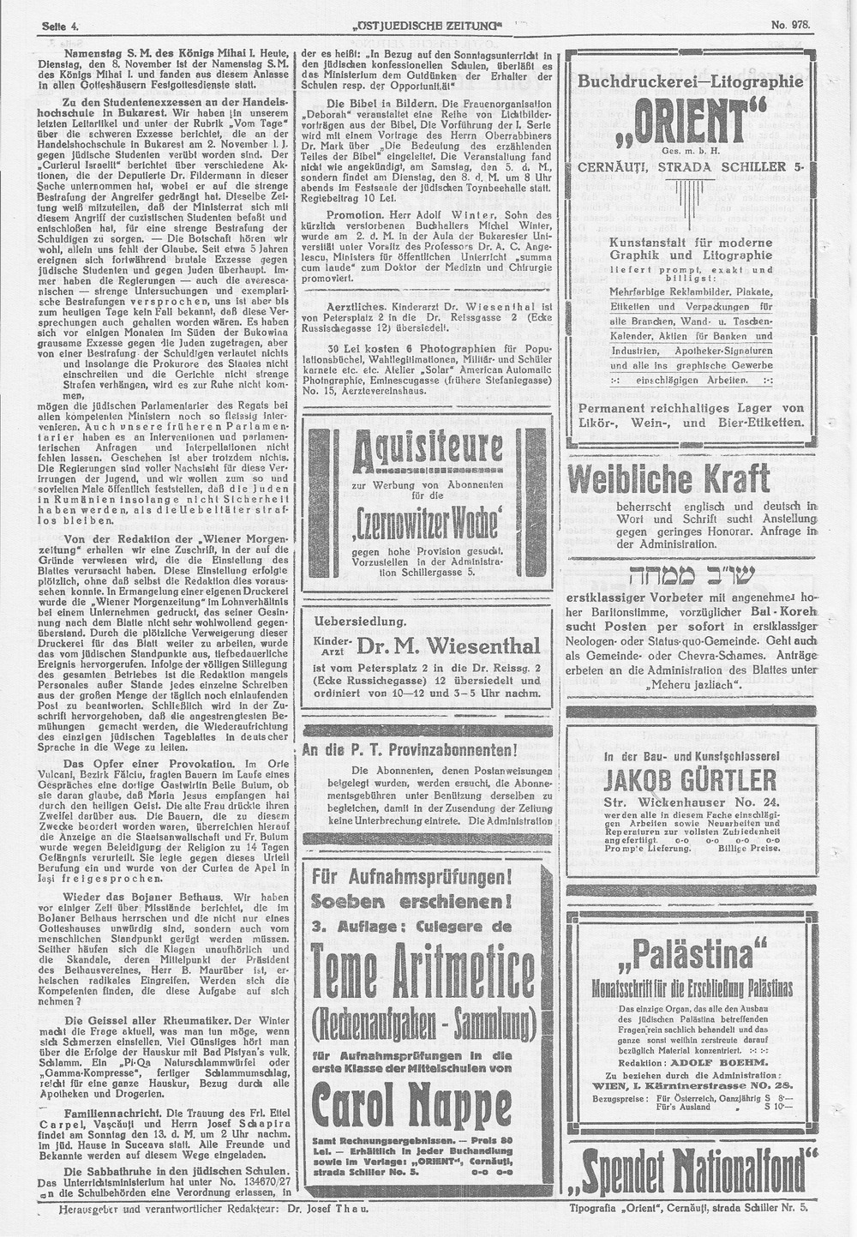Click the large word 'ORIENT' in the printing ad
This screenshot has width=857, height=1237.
tap(692, 126)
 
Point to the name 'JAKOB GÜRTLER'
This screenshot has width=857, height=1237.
tap(691, 780)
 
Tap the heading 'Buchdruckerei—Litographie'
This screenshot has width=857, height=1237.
tap(691, 81)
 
